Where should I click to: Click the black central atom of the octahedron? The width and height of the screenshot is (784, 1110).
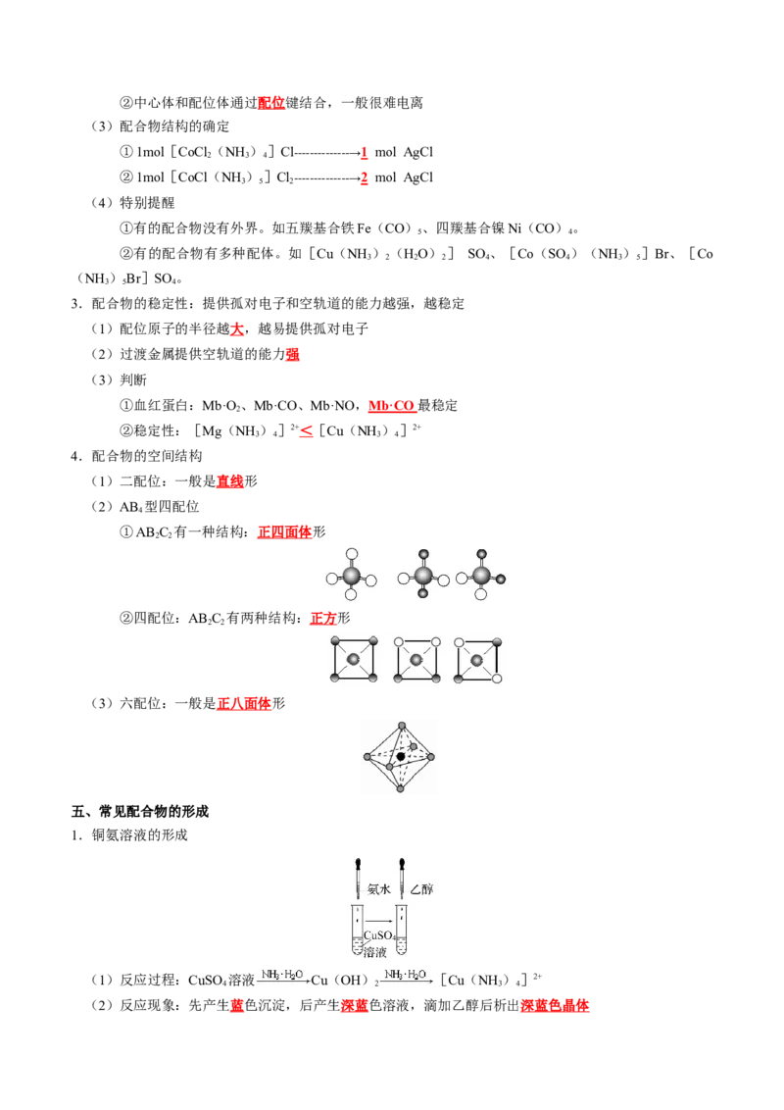pos(401,756)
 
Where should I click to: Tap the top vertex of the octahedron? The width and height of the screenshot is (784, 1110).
pos(399,726)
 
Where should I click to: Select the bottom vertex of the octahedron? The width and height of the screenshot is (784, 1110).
pos(400,787)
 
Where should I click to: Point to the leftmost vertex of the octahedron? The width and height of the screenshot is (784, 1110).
pos(367,757)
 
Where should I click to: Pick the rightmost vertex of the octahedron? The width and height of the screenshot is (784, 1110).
pos(430,757)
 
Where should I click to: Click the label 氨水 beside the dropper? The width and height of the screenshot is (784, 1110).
pos(378,889)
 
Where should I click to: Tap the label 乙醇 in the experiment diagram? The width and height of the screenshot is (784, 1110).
pos(421,889)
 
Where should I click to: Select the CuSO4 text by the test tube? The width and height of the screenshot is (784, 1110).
pos(380,936)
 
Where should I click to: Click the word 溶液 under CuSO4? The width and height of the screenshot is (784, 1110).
pos(374,951)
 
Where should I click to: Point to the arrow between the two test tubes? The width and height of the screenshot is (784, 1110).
pos(379,920)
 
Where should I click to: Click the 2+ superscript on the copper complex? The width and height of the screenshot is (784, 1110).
pos(538,976)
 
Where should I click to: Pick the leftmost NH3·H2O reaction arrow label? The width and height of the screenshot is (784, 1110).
pos(282,975)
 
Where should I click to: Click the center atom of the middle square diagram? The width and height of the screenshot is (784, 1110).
pos(416,660)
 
